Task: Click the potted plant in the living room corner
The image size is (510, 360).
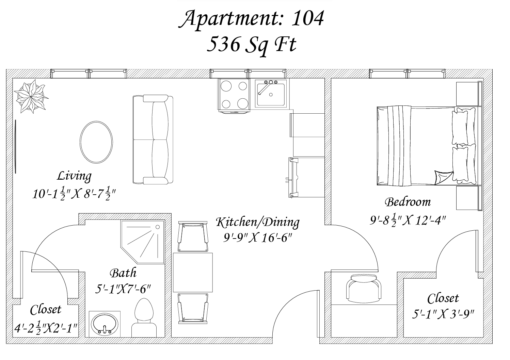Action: click(x=31, y=96)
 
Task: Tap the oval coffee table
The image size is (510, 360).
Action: click(x=96, y=142)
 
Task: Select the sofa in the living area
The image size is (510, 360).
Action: click(x=153, y=140)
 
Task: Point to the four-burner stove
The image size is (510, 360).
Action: click(x=234, y=95)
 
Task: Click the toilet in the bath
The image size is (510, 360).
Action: click(x=144, y=318)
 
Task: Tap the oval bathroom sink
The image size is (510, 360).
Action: click(x=105, y=324)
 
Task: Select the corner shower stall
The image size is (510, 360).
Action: click(x=143, y=242)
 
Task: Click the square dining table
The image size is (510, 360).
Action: click(x=193, y=273)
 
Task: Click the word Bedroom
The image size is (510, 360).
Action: click(x=408, y=202)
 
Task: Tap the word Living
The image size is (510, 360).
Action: click(x=74, y=176)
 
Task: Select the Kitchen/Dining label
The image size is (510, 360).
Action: click(x=258, y=222)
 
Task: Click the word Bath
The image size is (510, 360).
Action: click(x=123, y=273)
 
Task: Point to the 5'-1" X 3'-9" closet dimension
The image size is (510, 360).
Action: click(x=443, y=314)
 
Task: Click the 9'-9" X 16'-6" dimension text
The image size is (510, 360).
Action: click(x=257, y=238)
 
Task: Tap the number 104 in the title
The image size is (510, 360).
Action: click(x=307, y=18)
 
